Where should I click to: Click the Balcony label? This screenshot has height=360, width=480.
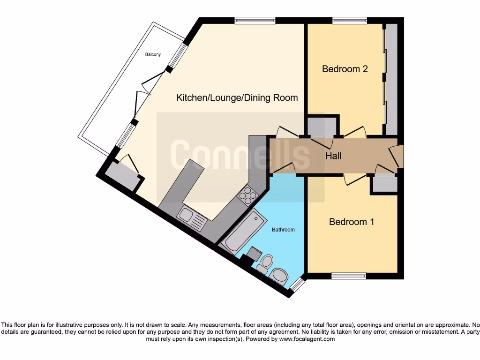tap(152, 54)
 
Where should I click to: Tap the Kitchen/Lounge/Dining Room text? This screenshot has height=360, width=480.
tap(237, 97)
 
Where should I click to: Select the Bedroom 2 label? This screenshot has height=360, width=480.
tap(345, 69)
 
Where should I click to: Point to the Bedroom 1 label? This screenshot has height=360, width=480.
tap(352, 222)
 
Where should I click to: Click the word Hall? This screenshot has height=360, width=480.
tap(333, 156)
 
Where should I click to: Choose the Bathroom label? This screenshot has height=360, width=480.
tap(283, 230)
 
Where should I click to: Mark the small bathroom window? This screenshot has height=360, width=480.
tap(296, 284)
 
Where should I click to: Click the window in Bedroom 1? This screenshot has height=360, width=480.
tap(348, 276)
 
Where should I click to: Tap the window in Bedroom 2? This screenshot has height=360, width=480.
tap(350, 20)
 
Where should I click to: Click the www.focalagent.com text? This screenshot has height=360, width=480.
tap(308, 339)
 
